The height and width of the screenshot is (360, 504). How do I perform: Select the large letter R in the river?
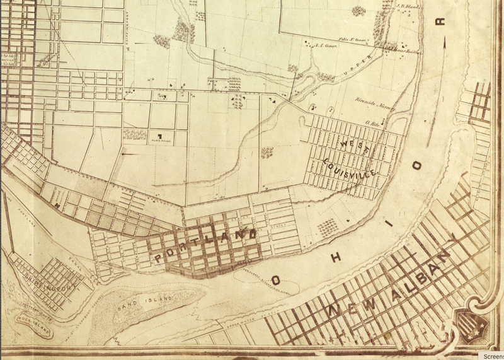(442, 22)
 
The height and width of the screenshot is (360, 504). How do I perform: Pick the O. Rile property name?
(369, 123)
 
